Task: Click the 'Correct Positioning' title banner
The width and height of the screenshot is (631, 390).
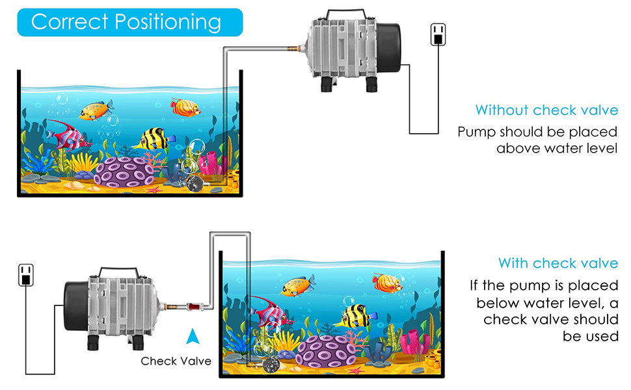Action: [x=126, y=22]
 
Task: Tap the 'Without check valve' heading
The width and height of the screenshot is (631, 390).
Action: [x=546, y=110]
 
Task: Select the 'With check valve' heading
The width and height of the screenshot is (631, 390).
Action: [x=558, y=263]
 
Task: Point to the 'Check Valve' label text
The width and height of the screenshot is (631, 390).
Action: [x=176, y=361]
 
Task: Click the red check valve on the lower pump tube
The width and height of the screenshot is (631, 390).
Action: [x=193, y=305]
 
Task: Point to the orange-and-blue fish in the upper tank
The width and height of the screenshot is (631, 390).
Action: [x=96, y=110]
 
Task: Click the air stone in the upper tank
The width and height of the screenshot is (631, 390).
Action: [x=193, y=185]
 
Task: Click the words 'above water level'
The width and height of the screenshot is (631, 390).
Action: [x=557, y=148]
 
